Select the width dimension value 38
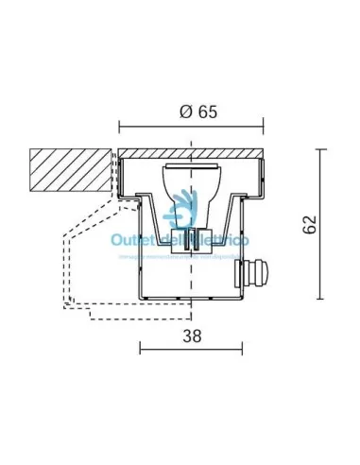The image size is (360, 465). point(192,334)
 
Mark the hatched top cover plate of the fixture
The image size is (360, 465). point(190,154)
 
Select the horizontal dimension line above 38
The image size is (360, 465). point(193,349)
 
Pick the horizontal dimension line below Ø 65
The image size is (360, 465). point(190,126)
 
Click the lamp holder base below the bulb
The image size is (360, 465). point(191,239)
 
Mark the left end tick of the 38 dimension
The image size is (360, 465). point(140,349)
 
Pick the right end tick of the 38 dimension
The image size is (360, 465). point(246,349)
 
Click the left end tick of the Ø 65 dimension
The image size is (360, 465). point(118,126)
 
